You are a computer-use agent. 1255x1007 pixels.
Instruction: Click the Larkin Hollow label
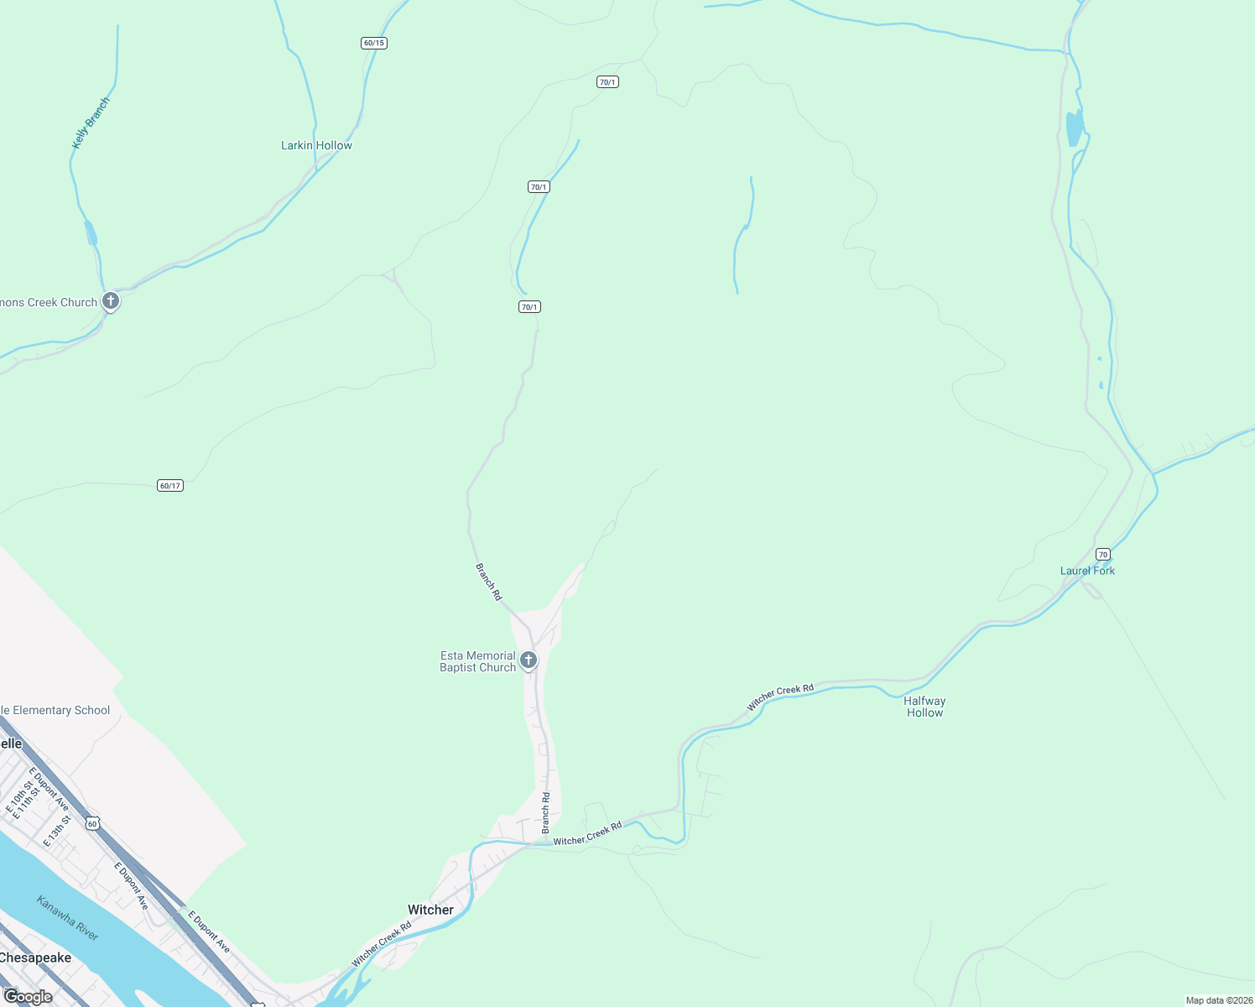316,145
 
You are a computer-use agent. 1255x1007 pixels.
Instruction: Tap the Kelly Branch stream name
91,123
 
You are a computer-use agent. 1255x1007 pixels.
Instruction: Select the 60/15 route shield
374,43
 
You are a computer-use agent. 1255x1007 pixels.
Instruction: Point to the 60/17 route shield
170,486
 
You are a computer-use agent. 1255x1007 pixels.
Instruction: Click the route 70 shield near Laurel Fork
1103,554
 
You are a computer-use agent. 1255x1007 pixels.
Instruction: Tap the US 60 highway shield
92,823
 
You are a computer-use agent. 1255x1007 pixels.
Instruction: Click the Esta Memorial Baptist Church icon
529,660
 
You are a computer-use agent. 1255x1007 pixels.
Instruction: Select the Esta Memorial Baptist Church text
477,661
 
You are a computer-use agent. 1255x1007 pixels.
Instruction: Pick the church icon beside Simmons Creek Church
110,301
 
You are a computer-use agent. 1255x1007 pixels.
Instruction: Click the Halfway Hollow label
924,707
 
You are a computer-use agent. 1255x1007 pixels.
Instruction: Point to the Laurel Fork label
1087,571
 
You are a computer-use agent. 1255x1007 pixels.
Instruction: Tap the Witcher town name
430,910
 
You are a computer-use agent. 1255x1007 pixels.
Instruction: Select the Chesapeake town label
35,957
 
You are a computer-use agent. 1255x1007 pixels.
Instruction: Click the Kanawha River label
68,917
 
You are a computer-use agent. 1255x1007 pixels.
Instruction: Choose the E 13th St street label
56,830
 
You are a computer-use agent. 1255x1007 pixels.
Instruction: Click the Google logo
28,997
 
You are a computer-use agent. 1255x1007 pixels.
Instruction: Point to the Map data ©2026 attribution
1218,1000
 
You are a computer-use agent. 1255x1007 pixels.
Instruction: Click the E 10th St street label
17,797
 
